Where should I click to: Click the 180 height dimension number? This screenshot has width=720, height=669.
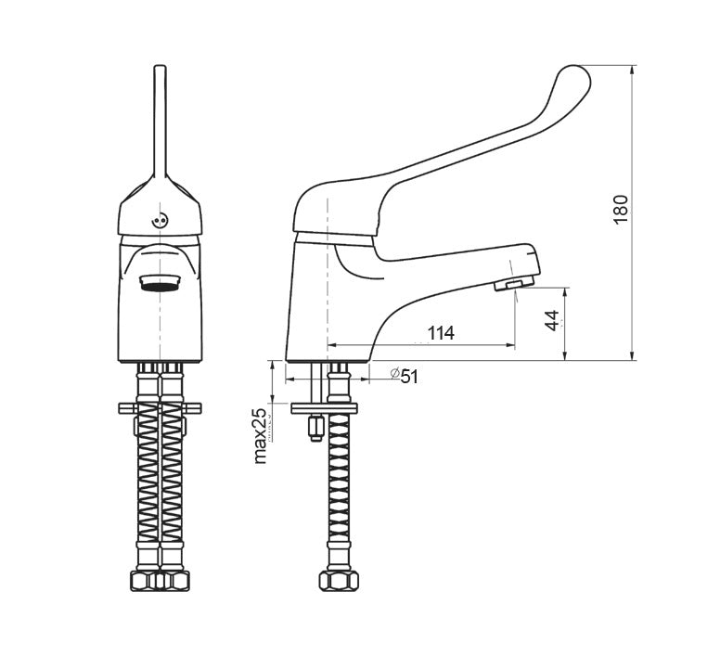[x=622, y=208]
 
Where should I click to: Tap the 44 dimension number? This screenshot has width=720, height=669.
[x=552, y=321]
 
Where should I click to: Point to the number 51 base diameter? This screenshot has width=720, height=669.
[x=410, y=375]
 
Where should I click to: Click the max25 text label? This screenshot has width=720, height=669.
[x=261, y=435]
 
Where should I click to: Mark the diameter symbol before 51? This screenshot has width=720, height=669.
[x=394, y=373]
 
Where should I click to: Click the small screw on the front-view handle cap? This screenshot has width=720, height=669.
[x=159, y=221]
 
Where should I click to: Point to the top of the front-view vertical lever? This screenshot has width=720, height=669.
[x=160, y=70]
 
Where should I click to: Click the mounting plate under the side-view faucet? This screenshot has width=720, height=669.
[x=323, y=407]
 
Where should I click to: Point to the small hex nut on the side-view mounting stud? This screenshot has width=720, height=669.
[x=315, y=428]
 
